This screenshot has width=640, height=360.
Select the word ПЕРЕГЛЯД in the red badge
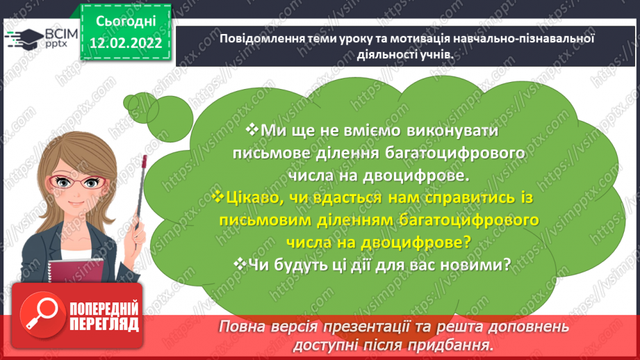[x=104, y=324]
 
